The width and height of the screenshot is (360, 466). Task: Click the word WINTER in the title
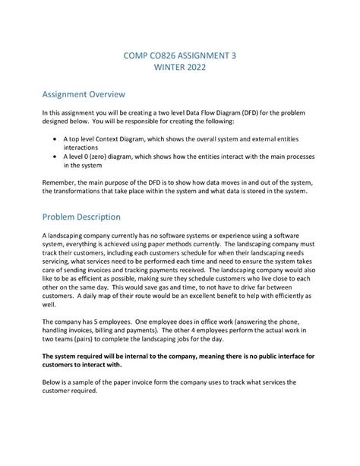click(x=162, y=67)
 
